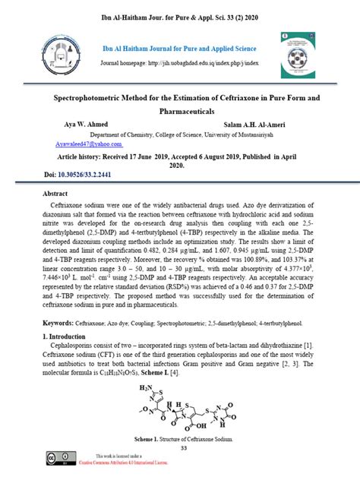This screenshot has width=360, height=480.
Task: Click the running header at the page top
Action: coord(181,16)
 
